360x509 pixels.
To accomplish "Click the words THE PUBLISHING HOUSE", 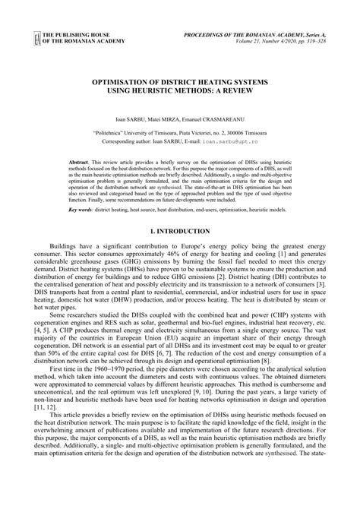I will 78,36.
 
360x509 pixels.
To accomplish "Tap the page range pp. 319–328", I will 311,44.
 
